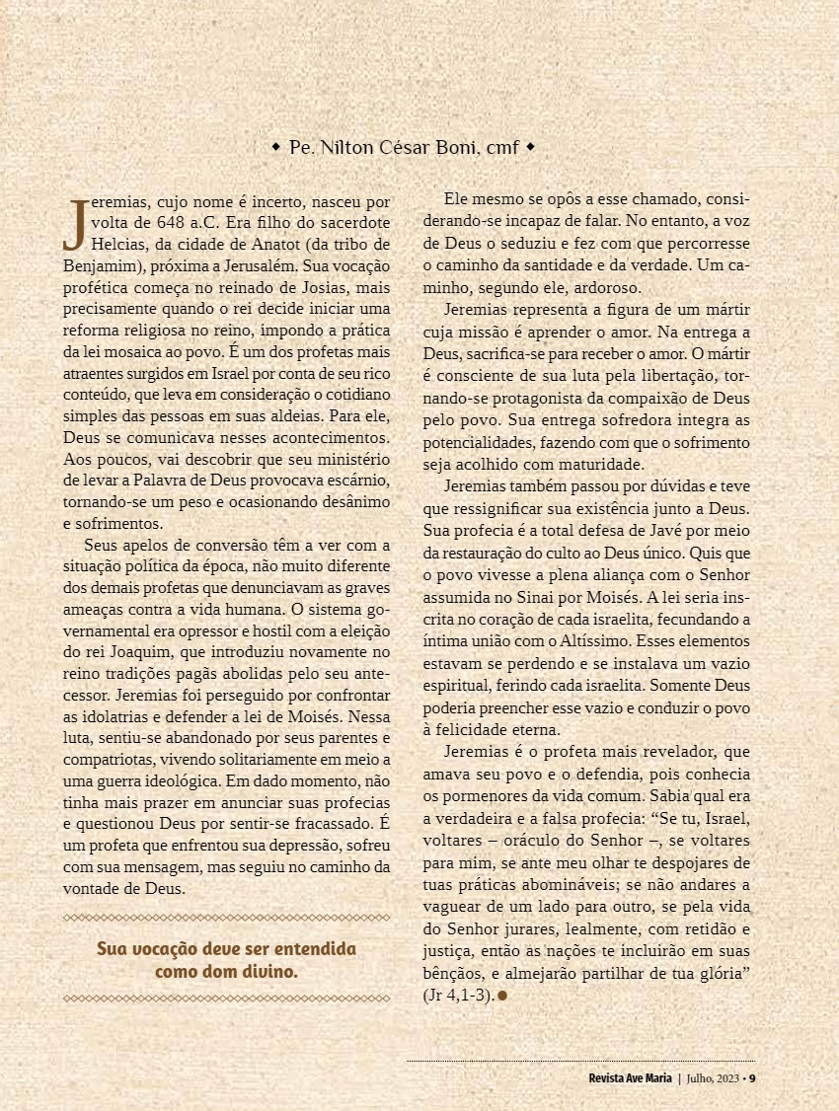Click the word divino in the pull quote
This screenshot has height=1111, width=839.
(267, 971)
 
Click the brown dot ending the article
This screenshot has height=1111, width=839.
(502, 996)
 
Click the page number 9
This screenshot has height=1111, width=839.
(752, 1076)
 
